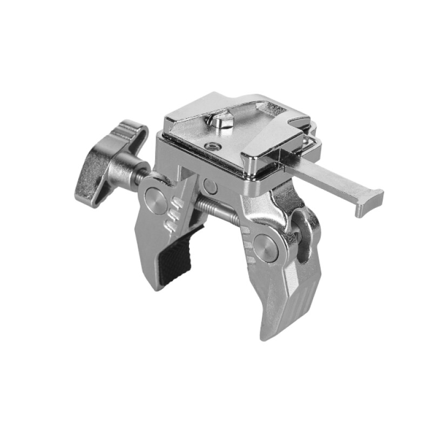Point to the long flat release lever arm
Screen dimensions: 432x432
point(324,178)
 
